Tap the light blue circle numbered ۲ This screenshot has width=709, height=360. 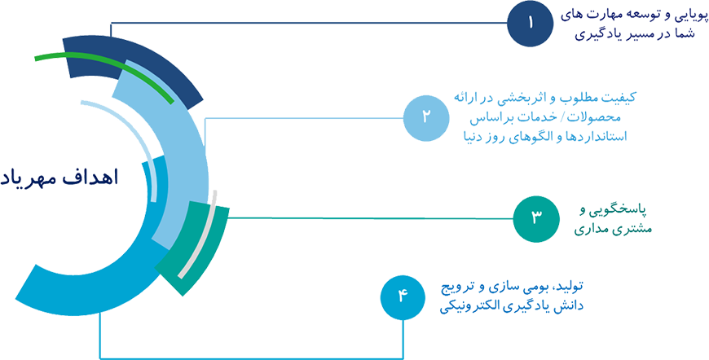(425, 119)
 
